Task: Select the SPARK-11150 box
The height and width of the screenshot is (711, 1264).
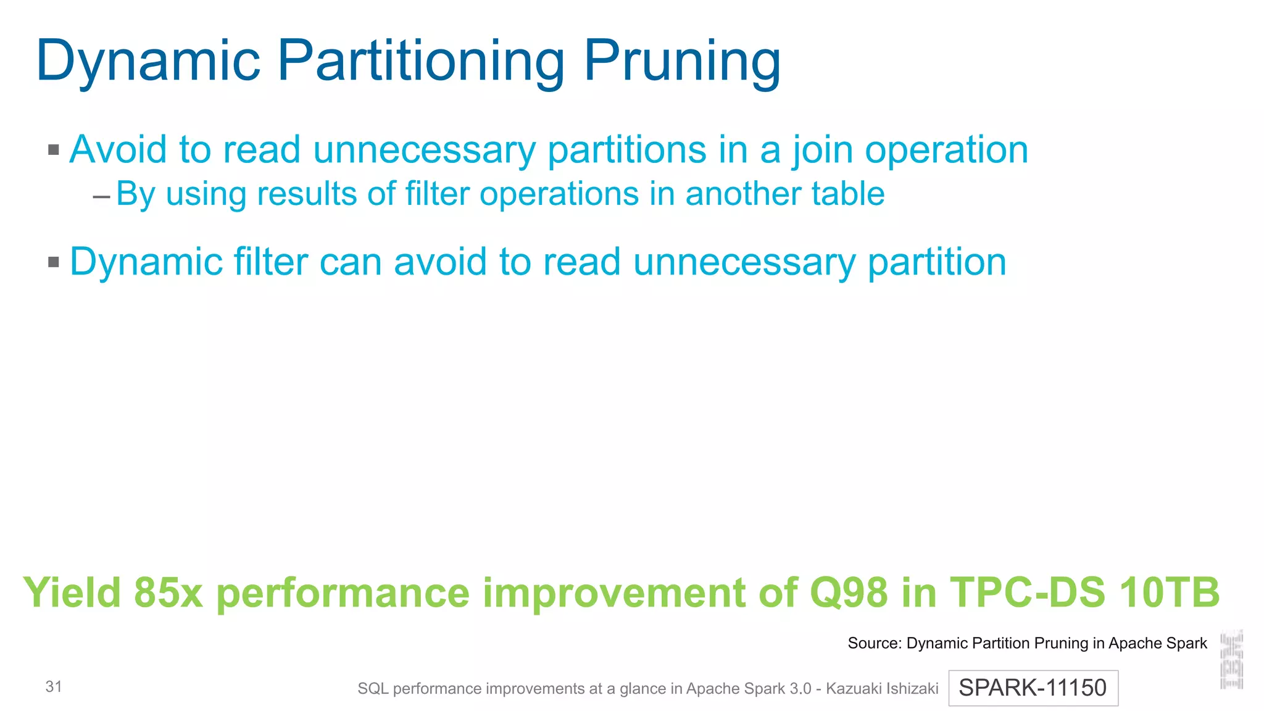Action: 1033,688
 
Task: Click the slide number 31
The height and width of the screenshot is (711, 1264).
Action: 54,686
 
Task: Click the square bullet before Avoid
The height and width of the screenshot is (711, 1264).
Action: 54,150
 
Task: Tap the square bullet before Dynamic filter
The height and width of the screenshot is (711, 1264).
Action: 54,262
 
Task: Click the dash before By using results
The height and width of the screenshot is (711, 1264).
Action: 101,197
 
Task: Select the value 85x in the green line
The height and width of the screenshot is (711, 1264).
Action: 168,592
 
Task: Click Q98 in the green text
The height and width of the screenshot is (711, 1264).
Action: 848,592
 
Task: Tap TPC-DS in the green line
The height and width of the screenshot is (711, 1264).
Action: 1027,592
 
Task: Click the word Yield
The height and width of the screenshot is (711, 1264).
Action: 72,592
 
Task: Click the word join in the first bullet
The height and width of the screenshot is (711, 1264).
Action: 823,150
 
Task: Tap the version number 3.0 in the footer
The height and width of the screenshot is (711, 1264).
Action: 800,688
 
